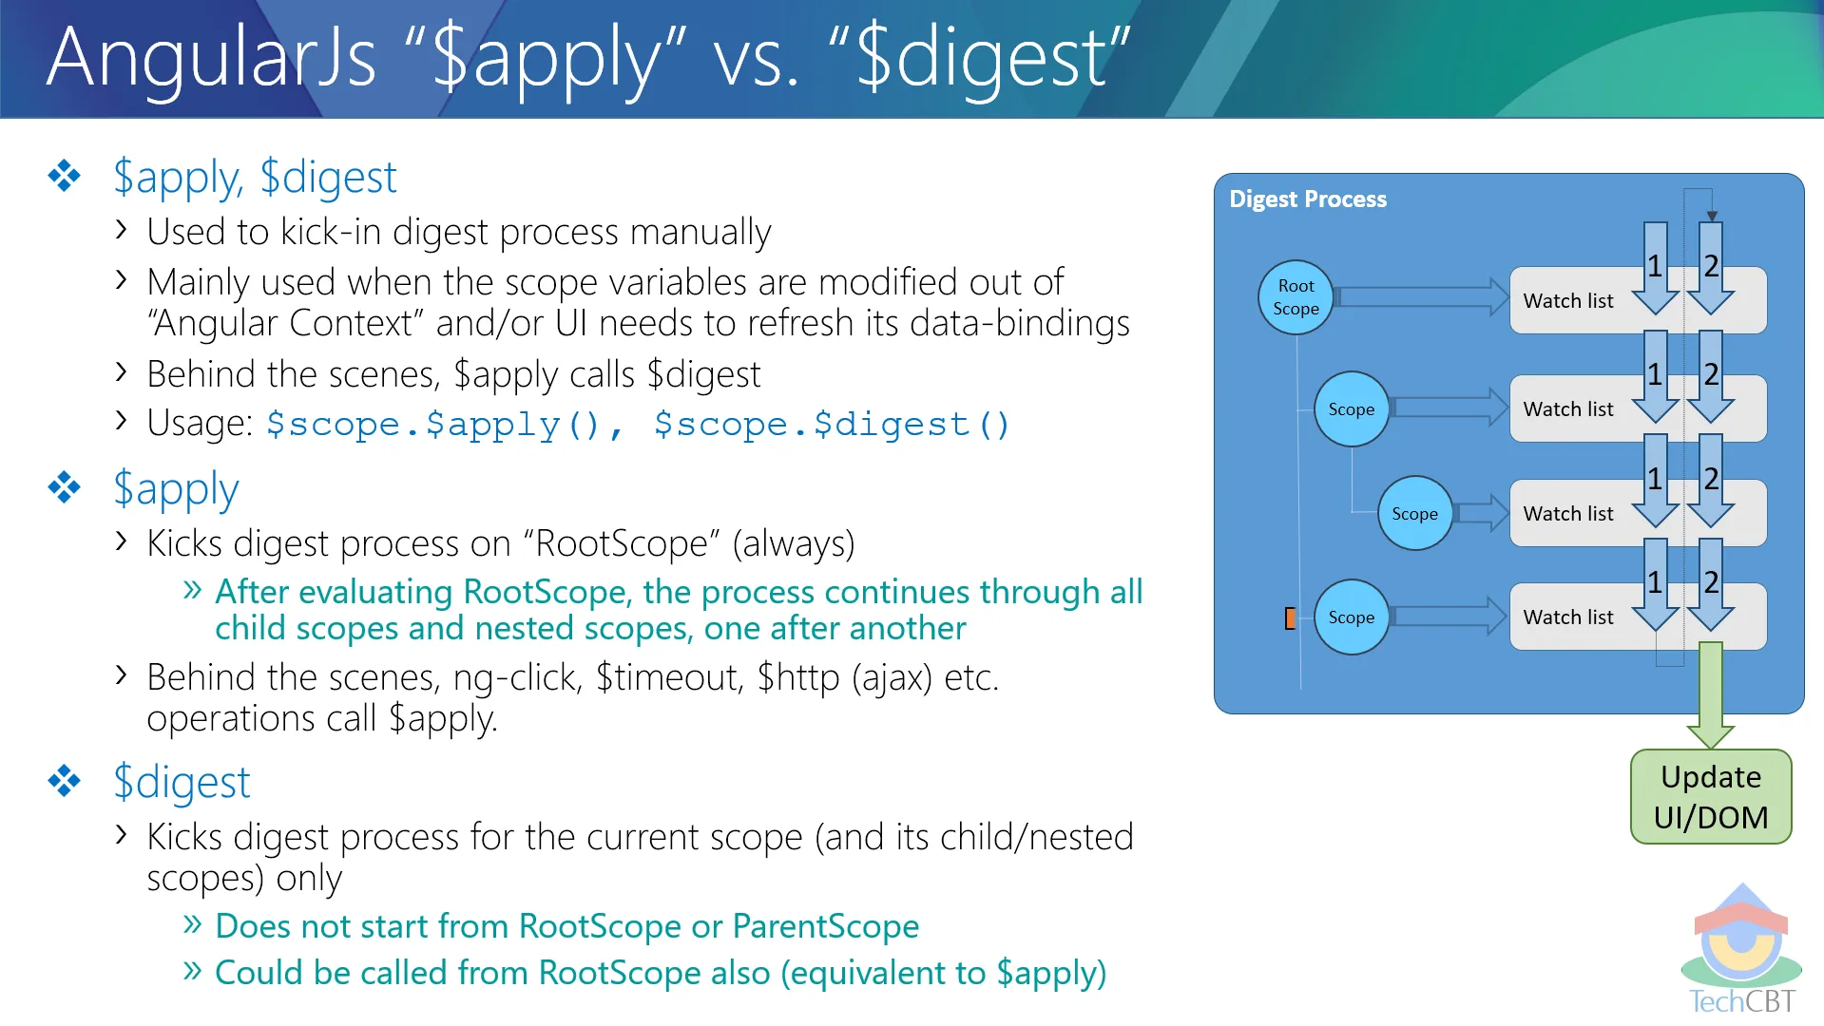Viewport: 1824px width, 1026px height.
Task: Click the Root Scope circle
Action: (x=1296, y=297)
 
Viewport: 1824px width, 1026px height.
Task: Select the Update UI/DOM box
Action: (x=1711, y=797)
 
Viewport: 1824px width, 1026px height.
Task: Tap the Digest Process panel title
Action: (x=1308, y=199)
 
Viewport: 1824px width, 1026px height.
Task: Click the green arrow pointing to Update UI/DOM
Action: (x=1711, y=695)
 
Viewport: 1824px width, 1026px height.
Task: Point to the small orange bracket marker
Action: (x=1290, y=618)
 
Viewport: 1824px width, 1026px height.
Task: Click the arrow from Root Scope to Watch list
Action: (x=1422, y=297)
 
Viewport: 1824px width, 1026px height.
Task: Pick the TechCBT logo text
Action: (x=1742, y=1001)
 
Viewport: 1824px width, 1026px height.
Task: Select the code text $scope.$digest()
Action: (x=832, y=425)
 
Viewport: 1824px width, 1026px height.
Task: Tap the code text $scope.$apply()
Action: (x=433, y=425)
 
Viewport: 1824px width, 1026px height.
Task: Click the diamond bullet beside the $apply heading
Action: (x=65, y=487)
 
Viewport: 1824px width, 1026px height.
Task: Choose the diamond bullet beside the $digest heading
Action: (x=65, y=781)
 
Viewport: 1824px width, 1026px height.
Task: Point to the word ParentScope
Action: (x=826, y=926)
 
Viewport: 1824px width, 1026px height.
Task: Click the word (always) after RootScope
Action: (x=794, y=544)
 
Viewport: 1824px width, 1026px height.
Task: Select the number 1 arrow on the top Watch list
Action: (x=1656, y=268)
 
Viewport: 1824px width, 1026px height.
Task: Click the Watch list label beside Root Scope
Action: (x=1568, y=301)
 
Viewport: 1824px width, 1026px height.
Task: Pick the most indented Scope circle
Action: (x=1414, y=513)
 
